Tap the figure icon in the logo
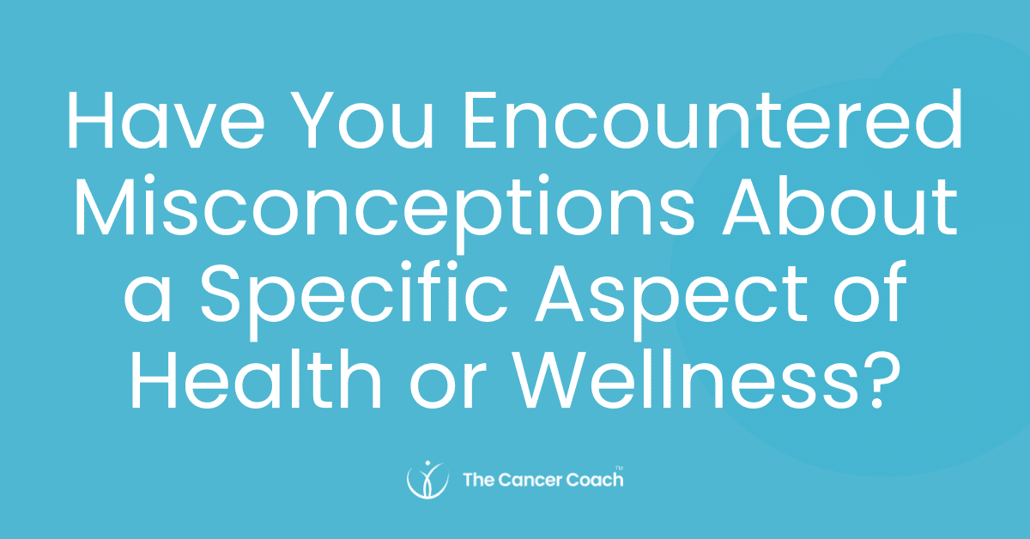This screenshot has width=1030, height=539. coord(427,479)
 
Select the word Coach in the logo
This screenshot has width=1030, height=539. coord(596,479)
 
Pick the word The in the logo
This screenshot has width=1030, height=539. coord(477,479)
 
